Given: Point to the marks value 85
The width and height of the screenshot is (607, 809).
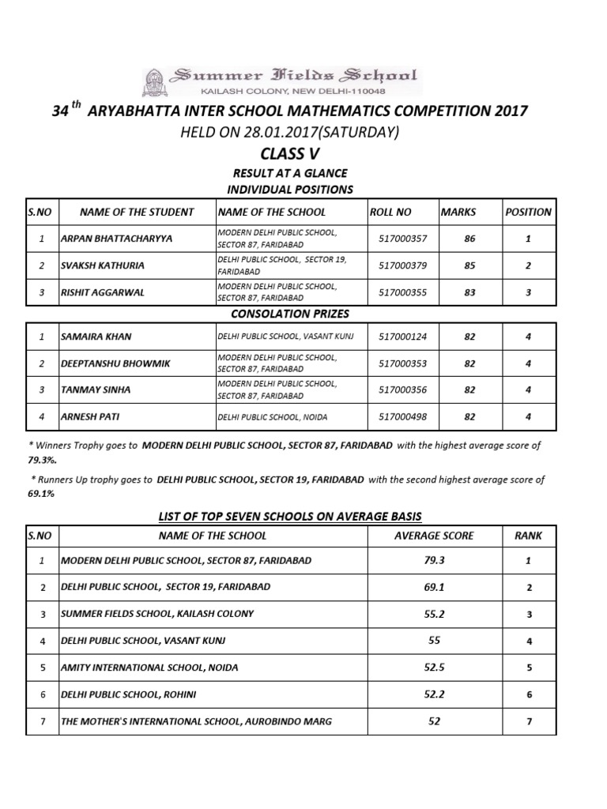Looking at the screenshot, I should [469, 265].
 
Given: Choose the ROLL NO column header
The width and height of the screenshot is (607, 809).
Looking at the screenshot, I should [390, 212].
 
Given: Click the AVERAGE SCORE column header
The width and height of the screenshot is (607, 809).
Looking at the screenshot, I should [433, 535].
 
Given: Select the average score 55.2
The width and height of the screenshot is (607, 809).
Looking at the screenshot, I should [433, 613].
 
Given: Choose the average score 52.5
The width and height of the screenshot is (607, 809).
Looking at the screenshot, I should [433, 668].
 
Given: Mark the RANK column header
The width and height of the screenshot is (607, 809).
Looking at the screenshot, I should [529, 535].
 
